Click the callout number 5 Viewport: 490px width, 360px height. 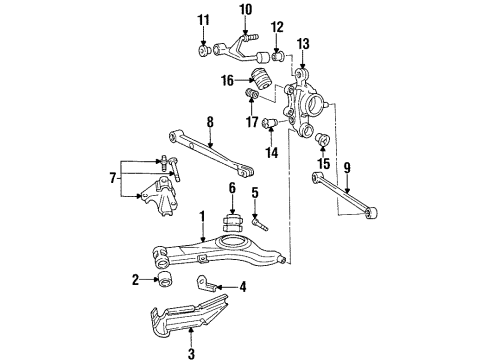pyautogui.click(x=254, y=193)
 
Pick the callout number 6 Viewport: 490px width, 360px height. pyautogui.click(x=232, y=187)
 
